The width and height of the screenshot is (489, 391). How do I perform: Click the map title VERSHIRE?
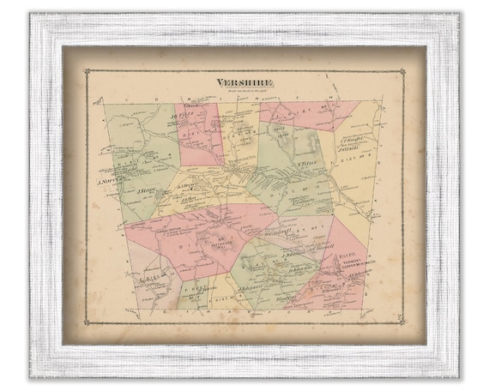point(244,83)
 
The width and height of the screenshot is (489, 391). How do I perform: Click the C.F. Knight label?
point(353,137)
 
